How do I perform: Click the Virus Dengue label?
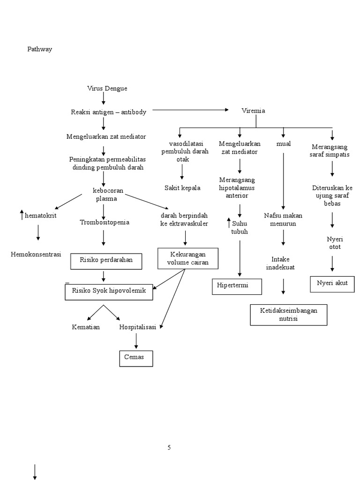(x=107, y=89)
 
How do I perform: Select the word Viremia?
(x=253, y=111)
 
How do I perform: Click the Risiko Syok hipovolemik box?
(x=109, y=291)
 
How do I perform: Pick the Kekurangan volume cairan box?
(x=187, y=258)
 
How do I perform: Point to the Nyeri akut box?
(x=332, y=284)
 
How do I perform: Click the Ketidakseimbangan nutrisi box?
(x=288, y=315)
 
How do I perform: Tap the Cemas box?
(x=135, y=358)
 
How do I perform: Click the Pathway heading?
(x=39, y=49)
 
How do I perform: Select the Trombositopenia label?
(x=104, y=222)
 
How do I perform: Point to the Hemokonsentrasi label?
(x=36, y=254)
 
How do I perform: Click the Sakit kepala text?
(x=182, y=188)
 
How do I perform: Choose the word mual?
(x=283, y=143)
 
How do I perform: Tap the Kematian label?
(x=86, y=327)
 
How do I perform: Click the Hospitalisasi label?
(x=137, y=327)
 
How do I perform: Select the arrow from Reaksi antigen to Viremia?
(x=190, y=110)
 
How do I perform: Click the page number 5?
(x=169, y=448)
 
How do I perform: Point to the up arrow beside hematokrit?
(x=21, y=216)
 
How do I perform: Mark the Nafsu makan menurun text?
(x=283, y=219)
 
